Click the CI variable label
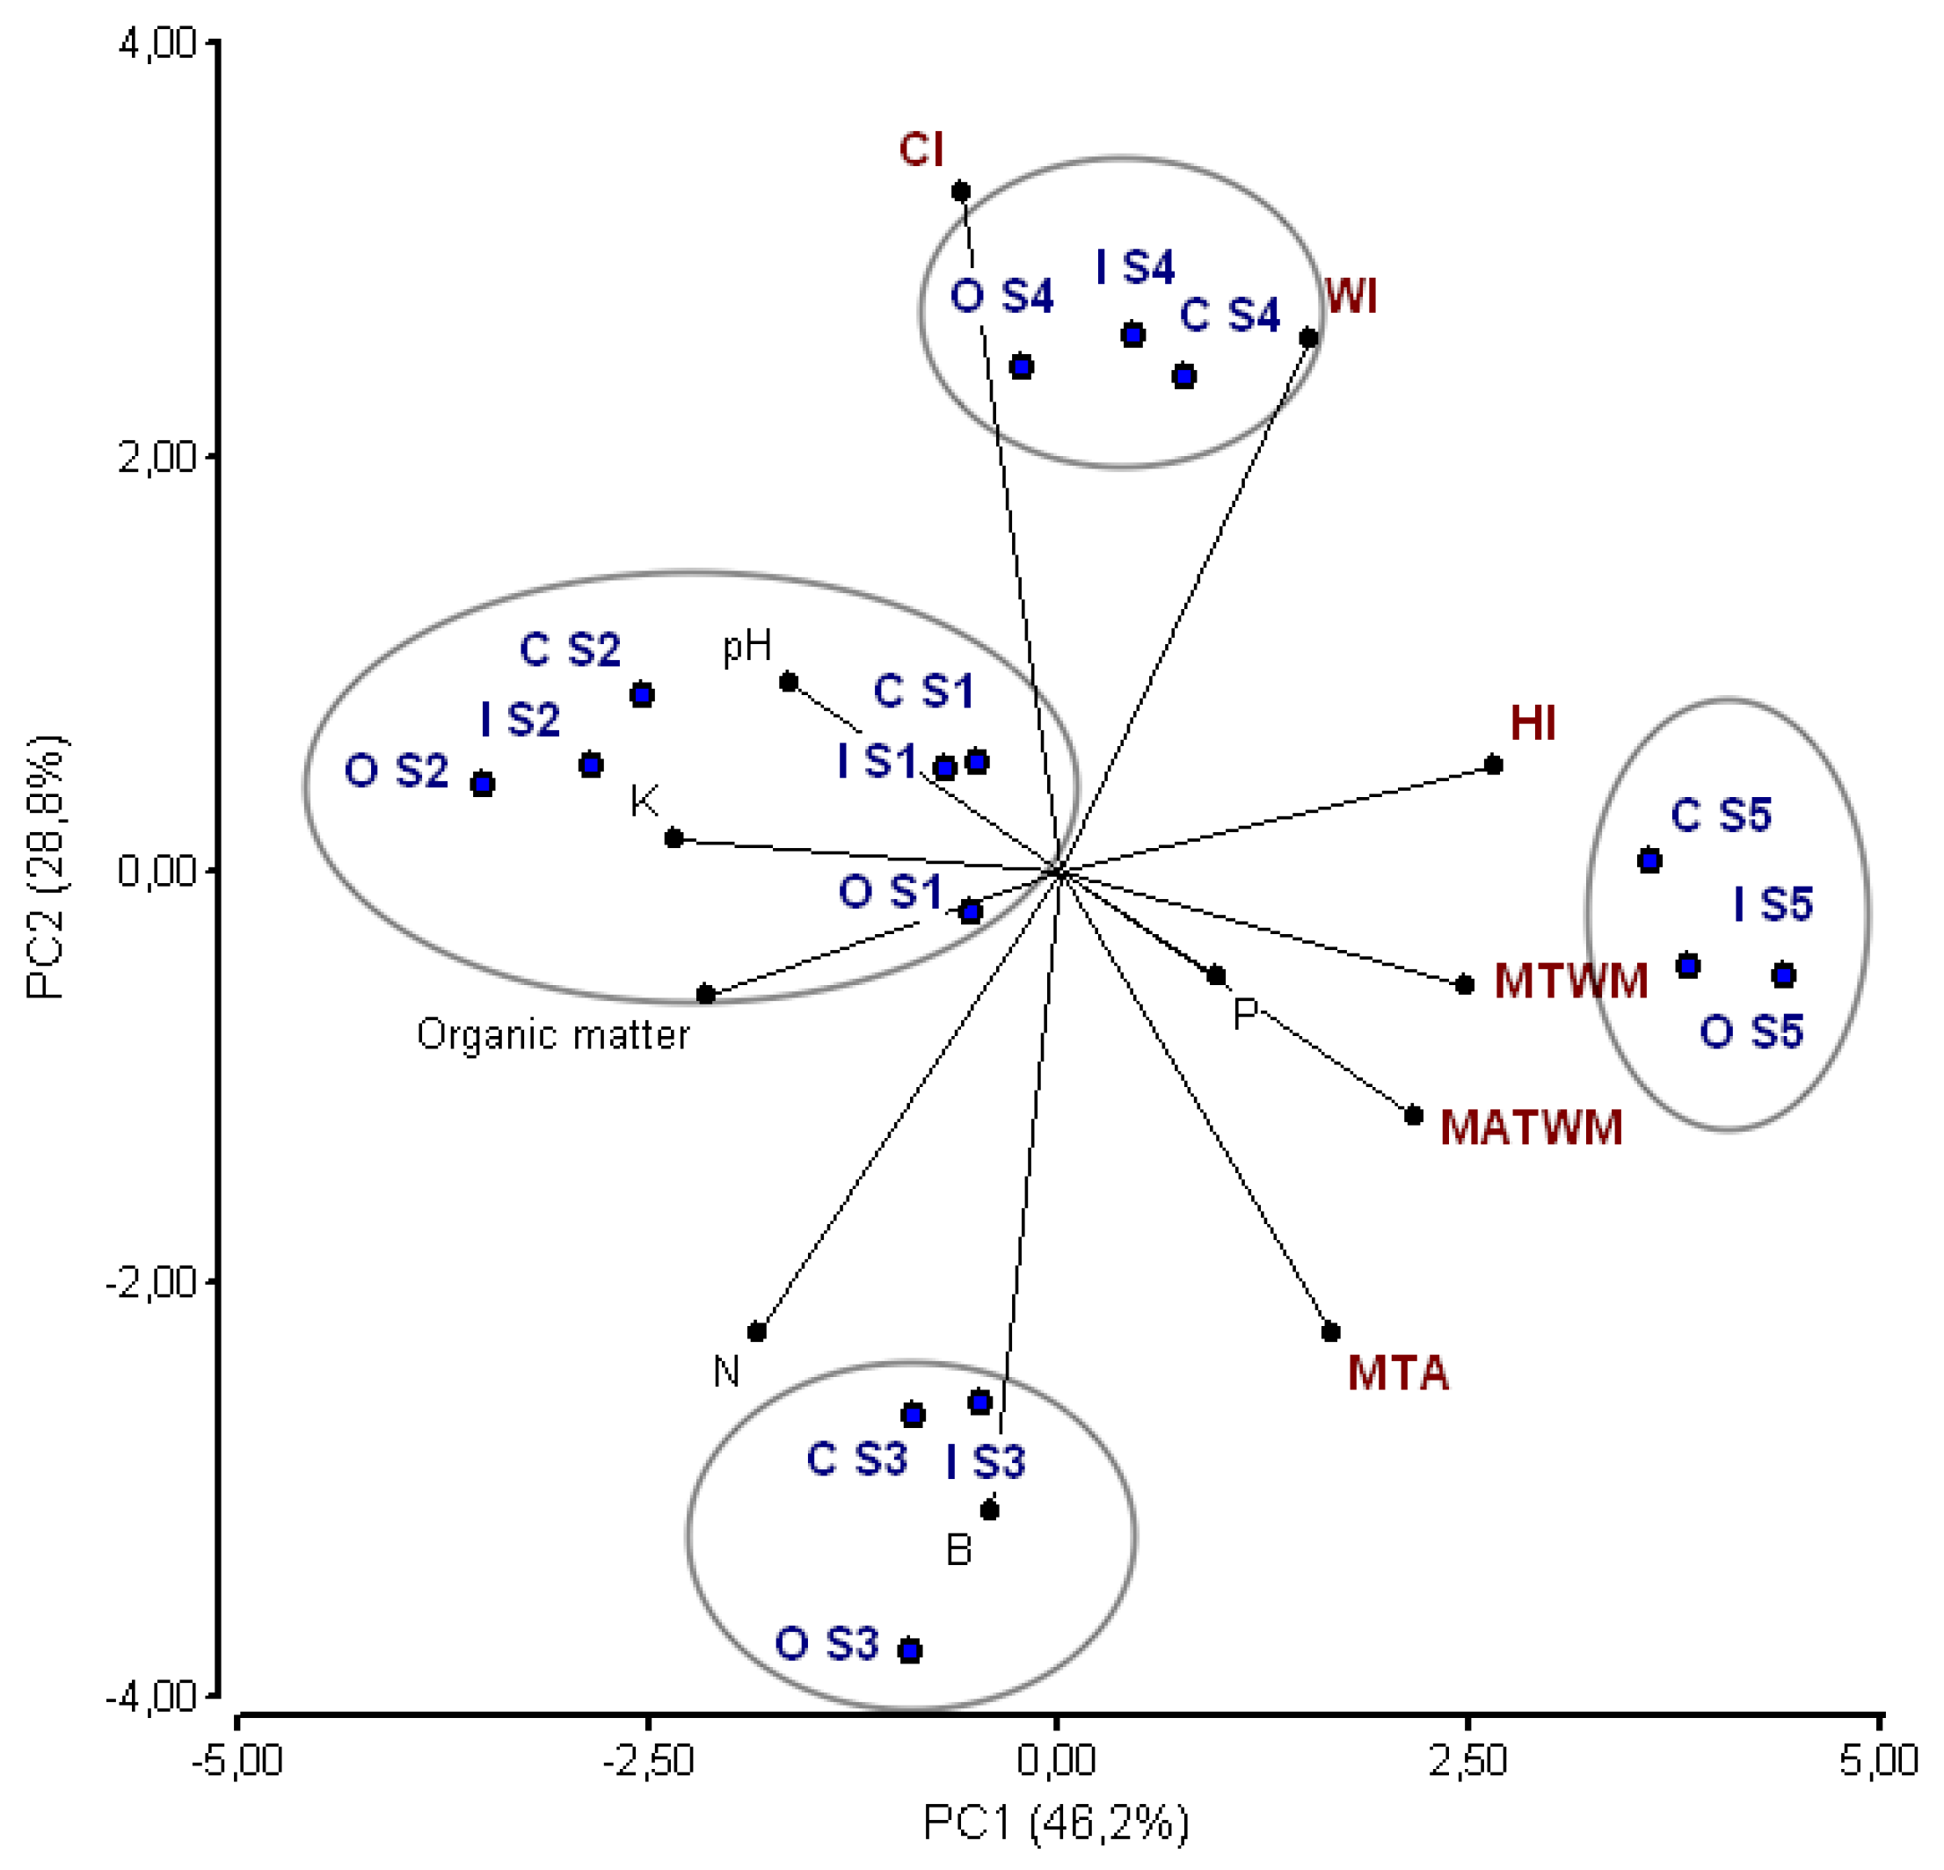[x=921, y=149]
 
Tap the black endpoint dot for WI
[x=1308, y=338]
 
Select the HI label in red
[x=1533, y=723]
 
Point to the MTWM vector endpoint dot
[x=1464, y=984]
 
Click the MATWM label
[x=1531, y=1127]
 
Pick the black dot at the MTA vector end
[x=1331, y=1331]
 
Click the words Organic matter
[x=552, y=1035]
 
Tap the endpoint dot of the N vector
[x=757, y=1331]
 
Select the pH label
[x=746, y=647]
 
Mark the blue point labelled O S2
[x=482, y=784]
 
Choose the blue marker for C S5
[x=1649, y=859]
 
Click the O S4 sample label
[x=1001, y=295]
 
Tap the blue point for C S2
[x=642, y=694]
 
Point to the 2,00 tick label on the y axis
[x=157, y=458]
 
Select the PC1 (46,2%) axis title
[x=1055, y=1823]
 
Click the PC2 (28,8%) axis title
[x=46, y=866]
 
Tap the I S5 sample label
[x=1773, y=903]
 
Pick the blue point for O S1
[x=970, y=911]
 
